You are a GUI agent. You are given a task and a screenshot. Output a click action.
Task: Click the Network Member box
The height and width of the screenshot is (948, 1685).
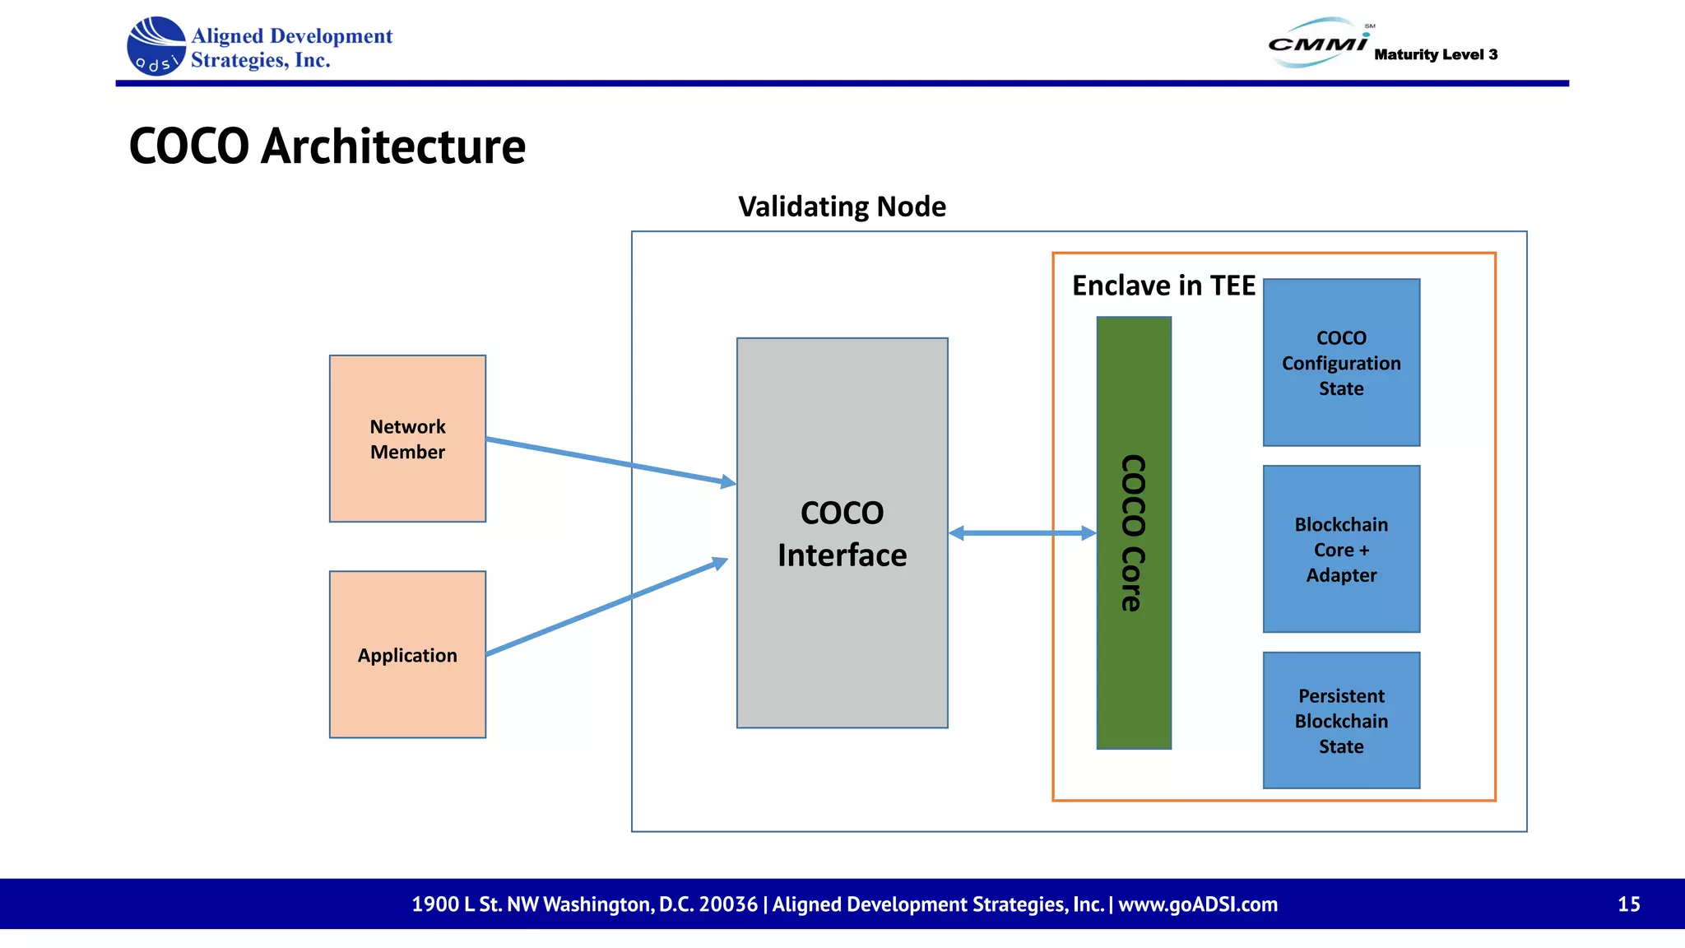click(407, 439)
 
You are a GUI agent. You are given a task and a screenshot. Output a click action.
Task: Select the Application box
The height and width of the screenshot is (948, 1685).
click(407, 654)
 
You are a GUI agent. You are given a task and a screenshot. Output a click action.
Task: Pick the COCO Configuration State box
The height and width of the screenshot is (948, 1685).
click(1341, 363)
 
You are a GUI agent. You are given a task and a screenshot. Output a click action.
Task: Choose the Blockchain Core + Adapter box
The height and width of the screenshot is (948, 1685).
click(1341, 549)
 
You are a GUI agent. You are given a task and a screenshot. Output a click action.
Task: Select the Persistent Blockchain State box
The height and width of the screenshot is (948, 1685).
click(1341, 721)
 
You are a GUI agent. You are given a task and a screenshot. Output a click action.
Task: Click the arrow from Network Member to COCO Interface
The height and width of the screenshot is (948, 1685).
click(609, 461)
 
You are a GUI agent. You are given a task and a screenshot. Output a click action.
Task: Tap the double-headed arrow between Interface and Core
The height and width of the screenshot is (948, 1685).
click(1022, 533)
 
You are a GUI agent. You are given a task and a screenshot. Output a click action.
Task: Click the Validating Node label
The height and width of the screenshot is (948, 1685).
click(842, 207)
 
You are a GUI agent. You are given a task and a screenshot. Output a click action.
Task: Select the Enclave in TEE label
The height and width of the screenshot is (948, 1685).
click(1163, 286)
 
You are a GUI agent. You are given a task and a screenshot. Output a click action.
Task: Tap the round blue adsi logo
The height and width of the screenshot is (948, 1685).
click(156, 47)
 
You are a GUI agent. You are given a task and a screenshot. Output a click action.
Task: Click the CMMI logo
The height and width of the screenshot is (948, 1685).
click(1318, 43)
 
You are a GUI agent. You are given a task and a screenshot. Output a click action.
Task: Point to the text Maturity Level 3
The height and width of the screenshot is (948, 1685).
click(1436, 54)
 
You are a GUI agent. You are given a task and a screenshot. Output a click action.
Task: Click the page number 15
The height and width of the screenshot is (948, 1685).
click(1628, 904)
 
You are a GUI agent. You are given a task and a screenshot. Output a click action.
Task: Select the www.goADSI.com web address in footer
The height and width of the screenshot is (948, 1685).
click(1198, 904)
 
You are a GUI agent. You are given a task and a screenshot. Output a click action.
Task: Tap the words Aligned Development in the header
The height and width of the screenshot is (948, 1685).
click(291, 36)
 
